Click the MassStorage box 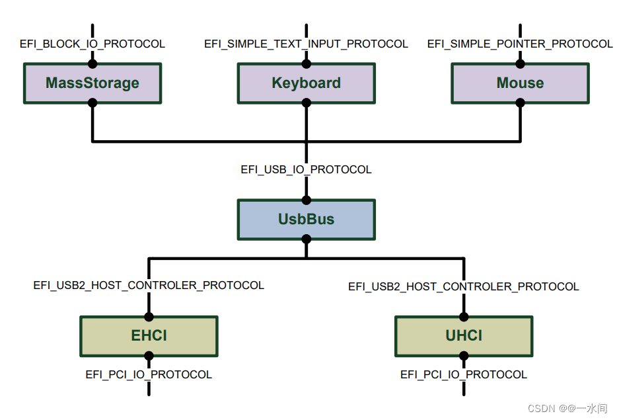click(92, 83)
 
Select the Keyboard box click(306, 83)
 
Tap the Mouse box click(520, 83)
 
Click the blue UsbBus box click(306, 220)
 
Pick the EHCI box click(149, 336)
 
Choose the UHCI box click(463, 336)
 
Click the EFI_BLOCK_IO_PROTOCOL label click(92, 44)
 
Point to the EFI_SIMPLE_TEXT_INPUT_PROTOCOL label click(306, 44)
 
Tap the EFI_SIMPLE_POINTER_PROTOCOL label click(520, 44)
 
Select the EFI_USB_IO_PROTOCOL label click(306, 170)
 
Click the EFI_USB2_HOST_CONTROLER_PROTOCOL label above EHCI click(149, 286)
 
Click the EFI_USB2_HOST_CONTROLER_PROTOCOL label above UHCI click(463, 287)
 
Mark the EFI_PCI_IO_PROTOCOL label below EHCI click(149, 375)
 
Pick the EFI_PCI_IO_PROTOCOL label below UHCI click(463, 375)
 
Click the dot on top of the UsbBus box click(306, 200)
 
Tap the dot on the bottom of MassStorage click(92, 103)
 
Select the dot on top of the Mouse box click(520, 63)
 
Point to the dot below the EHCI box click(149, 356)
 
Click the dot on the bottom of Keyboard click(306, 103)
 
